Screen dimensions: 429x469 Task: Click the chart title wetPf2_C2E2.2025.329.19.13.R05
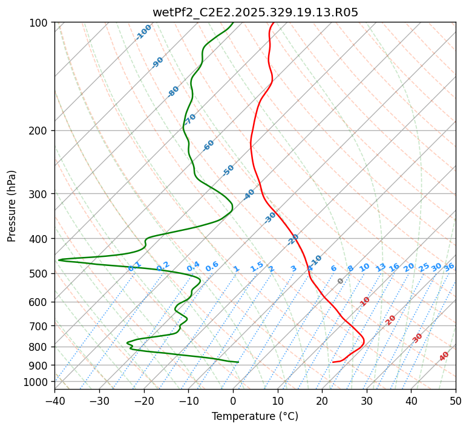255,12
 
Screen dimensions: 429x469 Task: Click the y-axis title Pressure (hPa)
12,205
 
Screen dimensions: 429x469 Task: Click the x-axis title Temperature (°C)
255,416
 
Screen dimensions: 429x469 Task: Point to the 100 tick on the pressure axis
40,23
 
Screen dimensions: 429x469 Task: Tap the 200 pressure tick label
40,130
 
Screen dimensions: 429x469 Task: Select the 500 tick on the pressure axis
40,274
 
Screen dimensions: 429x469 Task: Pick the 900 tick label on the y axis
40,365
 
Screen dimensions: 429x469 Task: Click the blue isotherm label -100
143,32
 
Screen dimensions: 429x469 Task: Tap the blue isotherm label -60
209,145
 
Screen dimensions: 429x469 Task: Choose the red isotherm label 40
444,356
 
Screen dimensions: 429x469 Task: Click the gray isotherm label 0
341,281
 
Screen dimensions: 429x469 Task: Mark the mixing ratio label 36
449,267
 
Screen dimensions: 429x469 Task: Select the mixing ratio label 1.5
257,267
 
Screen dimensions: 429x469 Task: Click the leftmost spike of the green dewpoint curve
59,260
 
